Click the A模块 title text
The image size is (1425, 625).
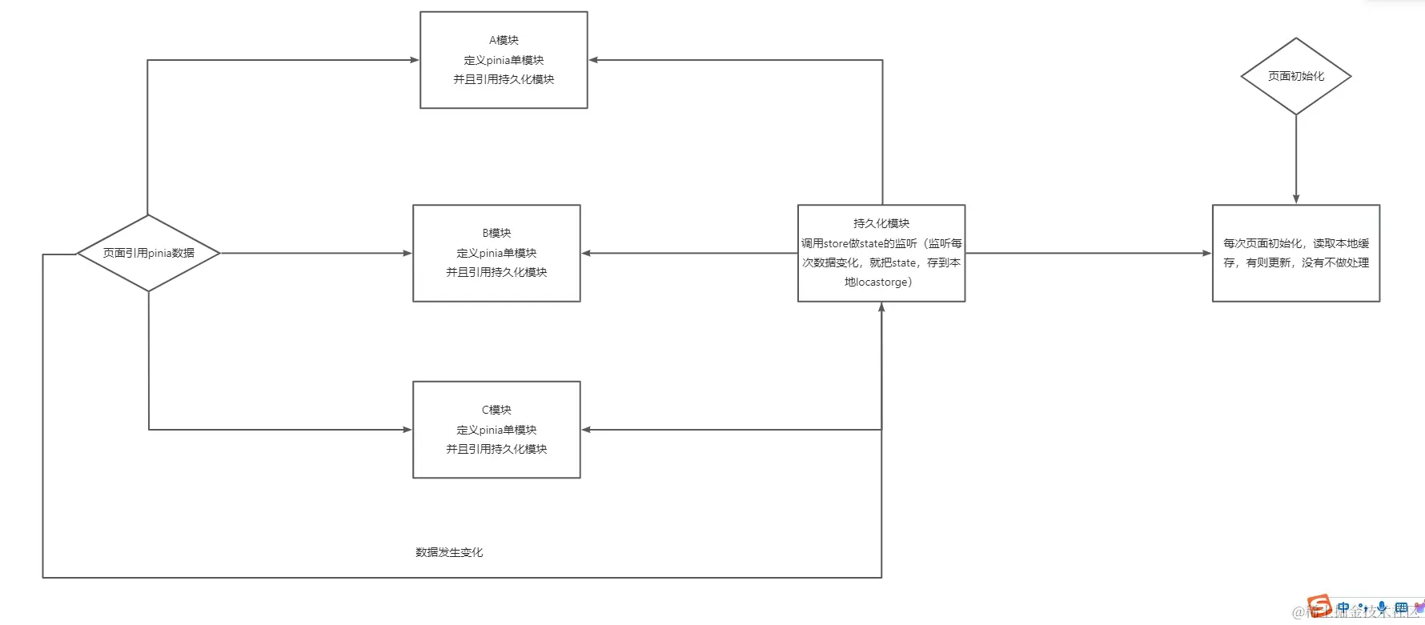504,40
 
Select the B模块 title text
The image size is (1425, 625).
496,233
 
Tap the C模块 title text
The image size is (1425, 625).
496,410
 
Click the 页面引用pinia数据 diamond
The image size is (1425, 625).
148,253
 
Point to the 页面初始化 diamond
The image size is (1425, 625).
1295,76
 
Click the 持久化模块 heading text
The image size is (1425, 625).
881,223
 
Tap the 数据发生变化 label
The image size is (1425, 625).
449,552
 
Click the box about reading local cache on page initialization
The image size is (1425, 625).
1295,253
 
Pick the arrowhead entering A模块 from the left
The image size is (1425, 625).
415,60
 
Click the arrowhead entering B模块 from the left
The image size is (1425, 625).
407,253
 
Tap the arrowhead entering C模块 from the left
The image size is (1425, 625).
407,430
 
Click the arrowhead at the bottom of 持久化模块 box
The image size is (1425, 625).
881,307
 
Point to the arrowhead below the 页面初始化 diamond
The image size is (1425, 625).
1295,198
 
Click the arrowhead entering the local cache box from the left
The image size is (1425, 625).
1206,253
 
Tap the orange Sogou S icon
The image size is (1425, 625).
1318,606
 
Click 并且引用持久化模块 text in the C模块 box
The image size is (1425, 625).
496,449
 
